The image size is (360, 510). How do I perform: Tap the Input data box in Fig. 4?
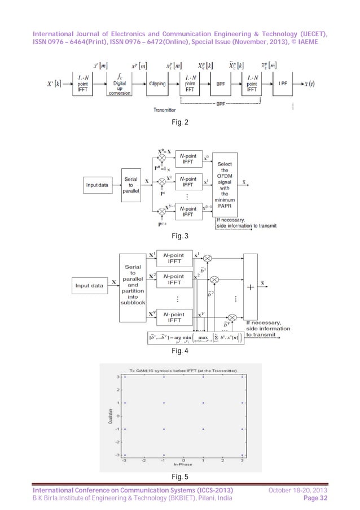[x=90, y=285]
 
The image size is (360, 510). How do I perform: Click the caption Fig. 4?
[x=180, y=351]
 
